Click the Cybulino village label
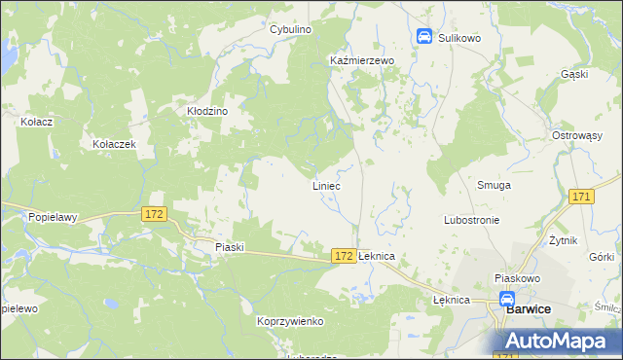290,30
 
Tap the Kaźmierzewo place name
361,60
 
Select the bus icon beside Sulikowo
424,37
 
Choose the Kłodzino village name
207,111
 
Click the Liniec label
326,185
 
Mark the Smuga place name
494,185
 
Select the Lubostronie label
471,220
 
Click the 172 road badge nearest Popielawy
154,213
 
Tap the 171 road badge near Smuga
582,198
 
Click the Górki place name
602,257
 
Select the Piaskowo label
517,277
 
